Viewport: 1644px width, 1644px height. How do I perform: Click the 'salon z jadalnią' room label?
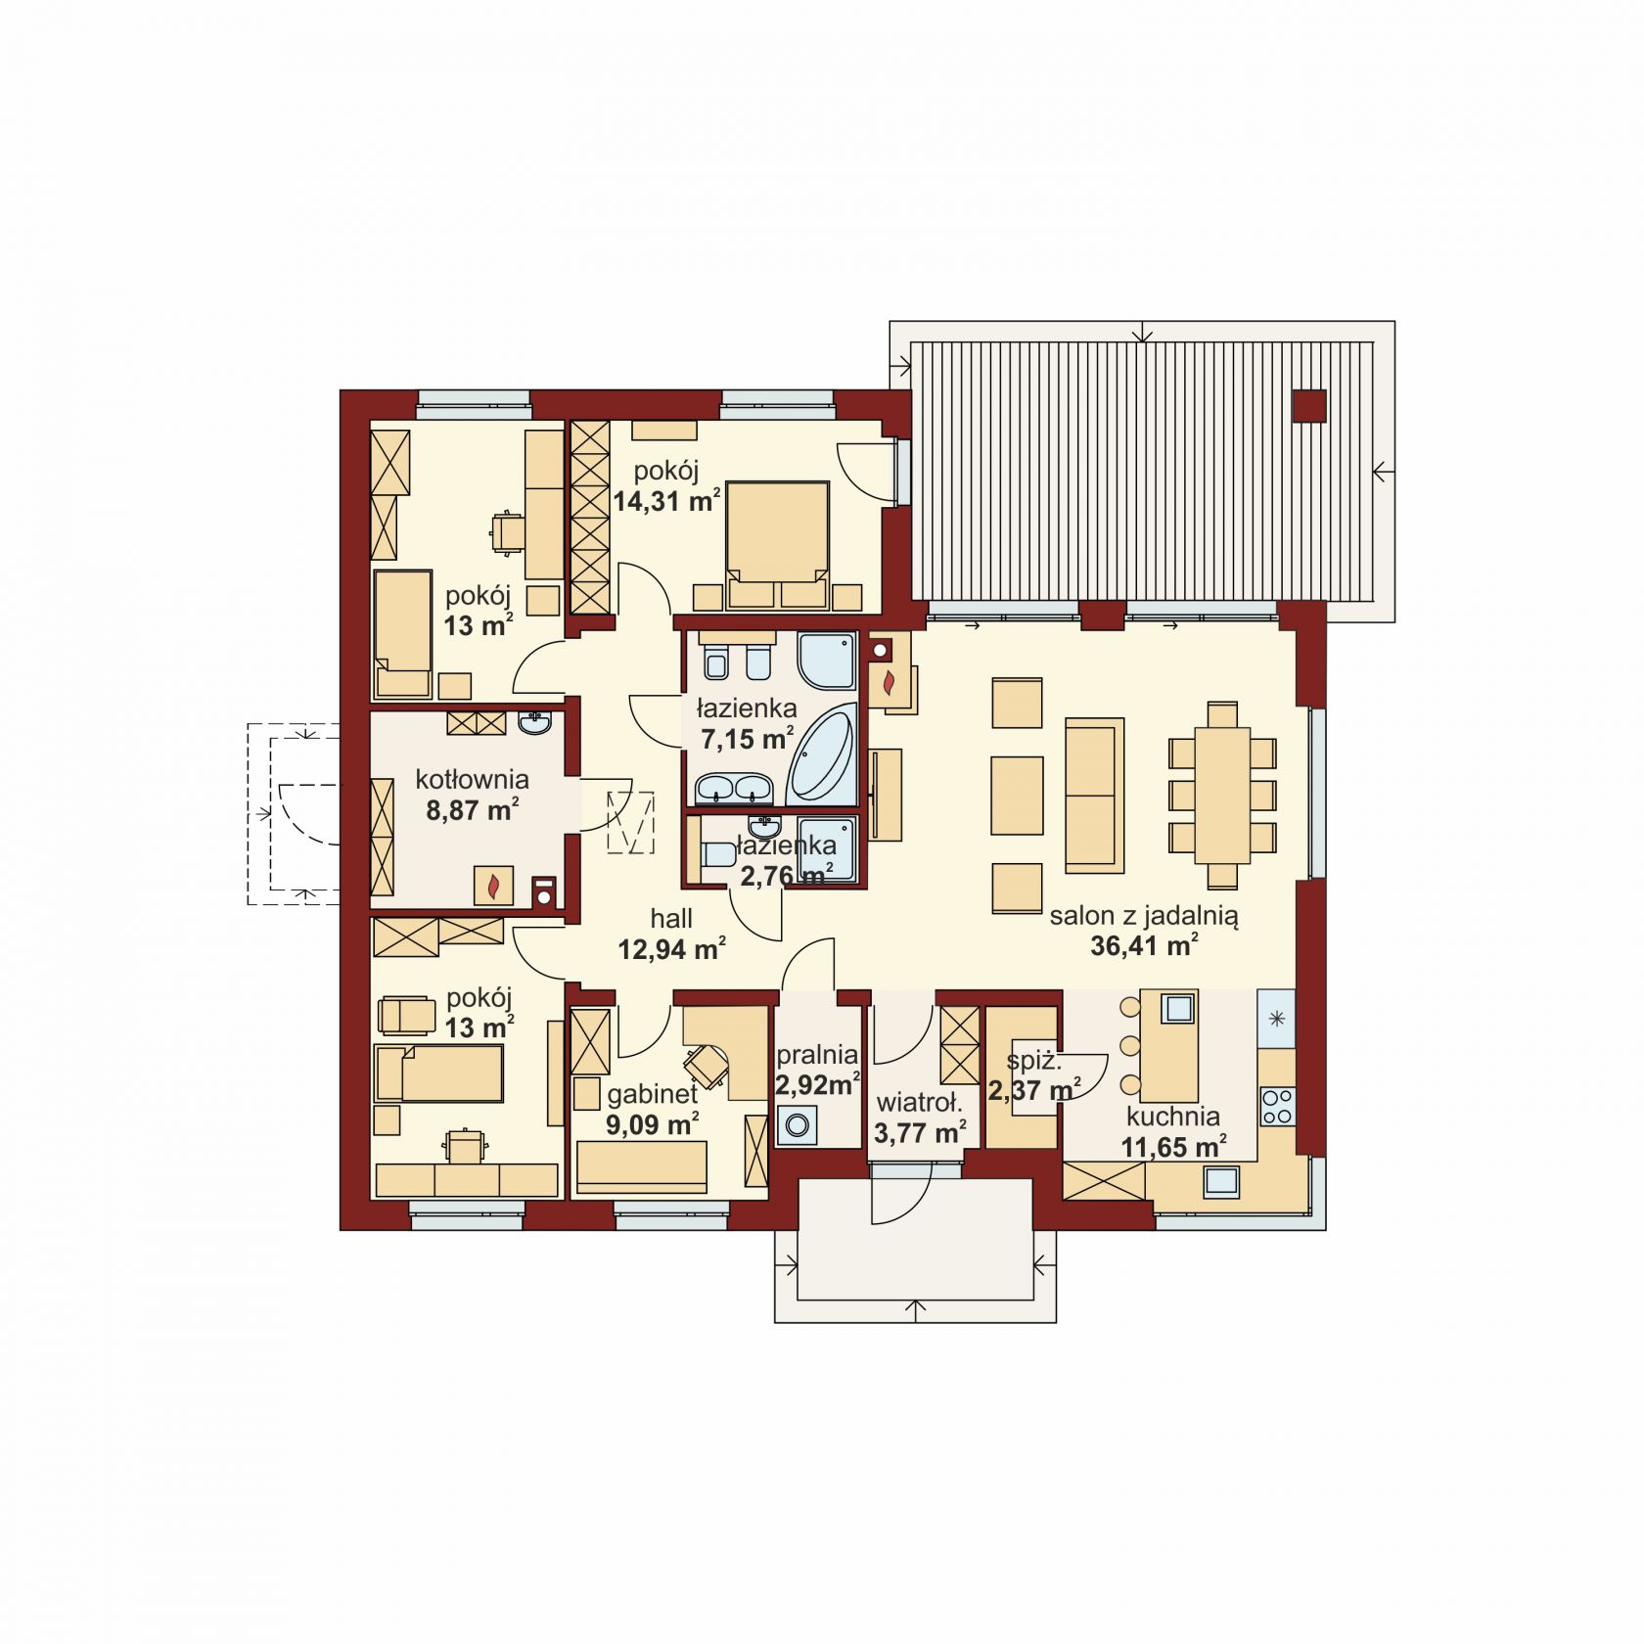(x=1144, y=917)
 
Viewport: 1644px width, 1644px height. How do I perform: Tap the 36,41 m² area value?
(x=1144, y=945)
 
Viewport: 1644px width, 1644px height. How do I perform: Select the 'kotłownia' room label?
(x=472, y=780)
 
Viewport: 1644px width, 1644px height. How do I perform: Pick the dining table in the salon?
(x=1222, y=795)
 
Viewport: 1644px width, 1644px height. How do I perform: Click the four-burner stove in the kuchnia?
(x=1277, y=1106)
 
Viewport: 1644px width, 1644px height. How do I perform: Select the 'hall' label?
(x=671, y=918)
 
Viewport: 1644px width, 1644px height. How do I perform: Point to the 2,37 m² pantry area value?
(x=1033, y=1089)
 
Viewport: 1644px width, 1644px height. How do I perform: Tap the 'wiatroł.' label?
(x=919, y=1104)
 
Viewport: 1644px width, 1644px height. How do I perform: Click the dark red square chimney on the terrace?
(x=1309, y=405)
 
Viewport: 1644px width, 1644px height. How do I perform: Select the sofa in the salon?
(x=1094, y=795)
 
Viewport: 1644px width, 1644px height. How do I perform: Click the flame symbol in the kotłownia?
(x=494, y=886)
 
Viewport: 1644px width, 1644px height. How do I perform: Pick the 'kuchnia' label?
(x=1172, y=1117)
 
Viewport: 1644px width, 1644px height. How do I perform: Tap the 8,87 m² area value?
(x=472, y=810)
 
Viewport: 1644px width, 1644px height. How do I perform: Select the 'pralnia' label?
(x=817, y=1056)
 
